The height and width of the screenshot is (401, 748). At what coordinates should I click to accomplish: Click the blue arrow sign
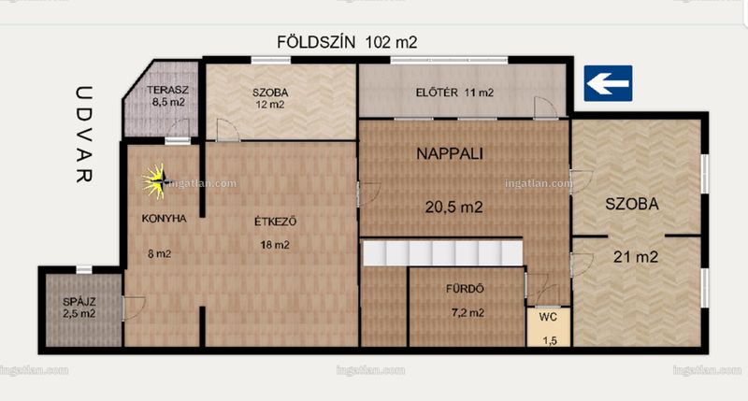[609, 83]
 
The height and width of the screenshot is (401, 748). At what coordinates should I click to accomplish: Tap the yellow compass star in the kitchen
[156, 181]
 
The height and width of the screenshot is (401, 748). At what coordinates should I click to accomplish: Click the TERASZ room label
[167, 90]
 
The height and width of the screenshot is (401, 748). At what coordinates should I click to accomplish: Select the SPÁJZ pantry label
[79, 302]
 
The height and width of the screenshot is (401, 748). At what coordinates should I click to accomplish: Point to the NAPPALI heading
[450, 153]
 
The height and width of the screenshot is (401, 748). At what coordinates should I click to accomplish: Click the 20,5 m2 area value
[453, 207]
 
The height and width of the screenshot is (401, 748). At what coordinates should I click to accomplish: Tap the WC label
[548, 317]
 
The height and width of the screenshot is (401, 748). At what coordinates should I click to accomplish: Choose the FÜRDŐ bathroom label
[465, 289]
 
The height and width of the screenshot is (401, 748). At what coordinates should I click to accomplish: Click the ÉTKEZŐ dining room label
[275, 222]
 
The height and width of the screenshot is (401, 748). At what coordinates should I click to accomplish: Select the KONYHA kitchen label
[164, 219]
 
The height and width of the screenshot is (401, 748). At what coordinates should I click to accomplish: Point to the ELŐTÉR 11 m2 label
[454, 93]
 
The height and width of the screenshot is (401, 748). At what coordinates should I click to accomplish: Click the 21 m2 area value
[636, 257]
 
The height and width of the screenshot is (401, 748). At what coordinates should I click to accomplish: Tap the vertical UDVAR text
[84, 134]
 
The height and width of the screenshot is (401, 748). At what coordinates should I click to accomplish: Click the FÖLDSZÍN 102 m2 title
[347, 42]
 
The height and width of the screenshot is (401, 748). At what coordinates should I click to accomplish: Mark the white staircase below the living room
[442, 252]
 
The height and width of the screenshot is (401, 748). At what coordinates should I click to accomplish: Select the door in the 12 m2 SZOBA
[227, 130]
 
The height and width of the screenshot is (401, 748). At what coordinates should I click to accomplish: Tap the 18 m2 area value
[274, 245]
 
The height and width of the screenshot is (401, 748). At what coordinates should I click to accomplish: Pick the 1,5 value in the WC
[550, 340]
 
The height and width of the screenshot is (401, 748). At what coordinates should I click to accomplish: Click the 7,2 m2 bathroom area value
[467, 313]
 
